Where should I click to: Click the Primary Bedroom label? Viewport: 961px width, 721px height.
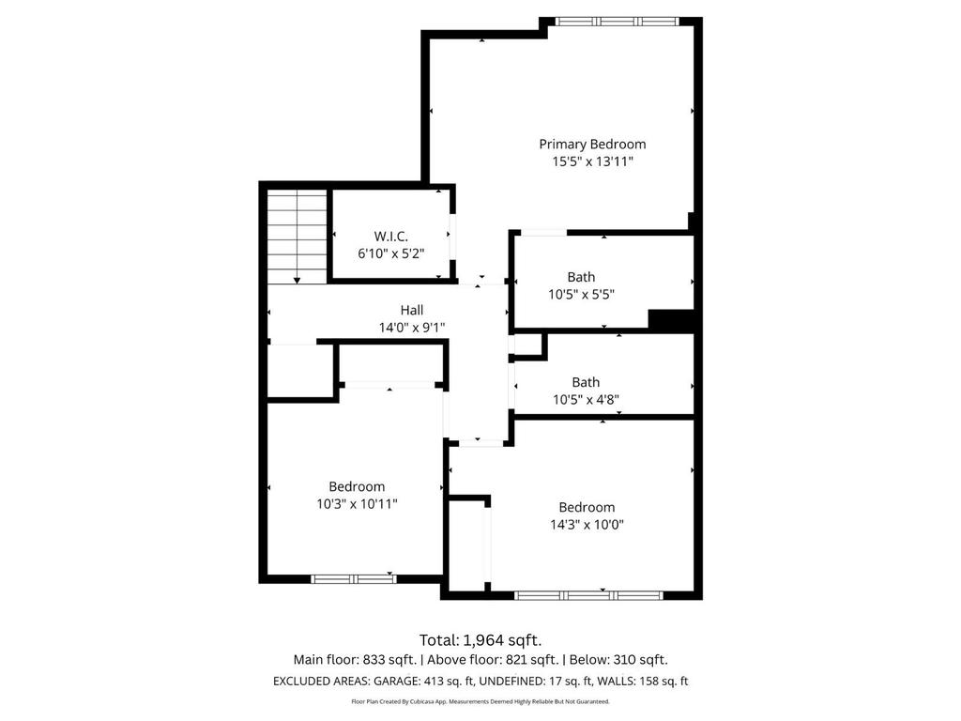coord(592,144)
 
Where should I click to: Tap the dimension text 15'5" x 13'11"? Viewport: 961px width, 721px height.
coord(592,161)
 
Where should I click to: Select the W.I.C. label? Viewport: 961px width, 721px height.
coord(390,236)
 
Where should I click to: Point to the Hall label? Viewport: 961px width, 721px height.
coord(412,310)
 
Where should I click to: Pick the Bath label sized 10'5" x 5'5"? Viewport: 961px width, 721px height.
coord(581,277)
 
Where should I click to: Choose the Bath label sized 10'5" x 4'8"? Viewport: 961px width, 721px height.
coord(586,382)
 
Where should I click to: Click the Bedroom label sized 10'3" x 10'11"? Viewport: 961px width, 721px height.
coord(357,486)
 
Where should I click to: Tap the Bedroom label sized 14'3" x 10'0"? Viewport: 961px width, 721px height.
coord(587,507)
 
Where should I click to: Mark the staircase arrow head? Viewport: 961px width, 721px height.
coord(297,279)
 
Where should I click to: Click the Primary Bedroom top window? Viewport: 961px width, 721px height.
coord(616,21)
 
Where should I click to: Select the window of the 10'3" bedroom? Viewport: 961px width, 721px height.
coord(354,579)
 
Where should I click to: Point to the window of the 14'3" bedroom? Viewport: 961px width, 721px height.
coord(589,594)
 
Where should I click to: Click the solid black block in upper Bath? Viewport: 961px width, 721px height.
coord(671,320)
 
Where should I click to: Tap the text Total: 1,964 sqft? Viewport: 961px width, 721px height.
coord(480,640)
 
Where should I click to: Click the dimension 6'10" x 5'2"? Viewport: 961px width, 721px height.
coord(390,253)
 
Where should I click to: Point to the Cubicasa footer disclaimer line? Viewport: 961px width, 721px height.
coord(480,701)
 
